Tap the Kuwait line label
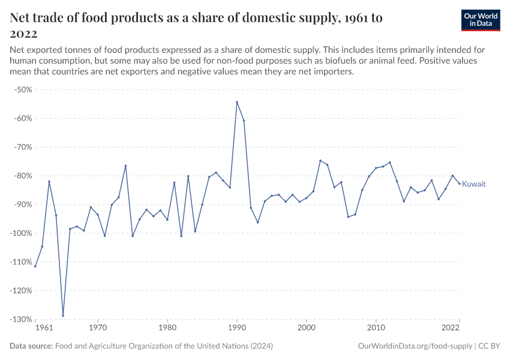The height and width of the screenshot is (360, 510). coord(474,184)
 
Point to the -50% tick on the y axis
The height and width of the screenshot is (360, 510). coord(23,89)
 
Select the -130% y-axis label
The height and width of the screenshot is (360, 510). coord(22,319)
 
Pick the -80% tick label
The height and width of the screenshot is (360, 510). coord(23,176)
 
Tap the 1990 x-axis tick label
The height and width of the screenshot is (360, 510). coord(237,328)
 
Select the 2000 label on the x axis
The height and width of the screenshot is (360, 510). coord(307,328)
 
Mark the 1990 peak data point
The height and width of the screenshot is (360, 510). coord(237,102)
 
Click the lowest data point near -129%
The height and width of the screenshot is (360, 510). coord(63,316)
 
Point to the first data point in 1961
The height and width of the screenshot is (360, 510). coord(35,266)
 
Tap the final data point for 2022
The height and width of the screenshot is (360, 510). coord(460,184)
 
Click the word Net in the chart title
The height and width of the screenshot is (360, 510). coord(22,18)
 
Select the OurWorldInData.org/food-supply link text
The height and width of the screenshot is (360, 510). coord(415,346)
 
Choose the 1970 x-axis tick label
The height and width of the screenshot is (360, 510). coord(98,328)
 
